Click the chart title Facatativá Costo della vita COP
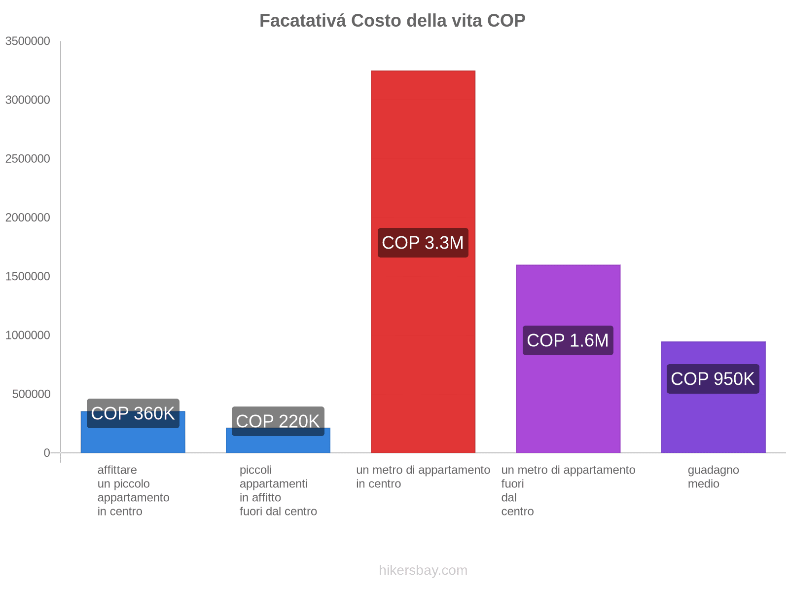(x=392, y=21)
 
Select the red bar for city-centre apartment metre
(x=423, y=148)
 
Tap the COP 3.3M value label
(x=423, y=243)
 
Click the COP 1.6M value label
(x=568, y=340)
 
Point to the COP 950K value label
(x=713, y=379)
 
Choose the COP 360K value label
(x=133, y=413)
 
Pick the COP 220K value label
(x=278, y=421)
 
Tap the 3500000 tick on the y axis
(x=28, y=41)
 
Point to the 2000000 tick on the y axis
(x=28, y=218)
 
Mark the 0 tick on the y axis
(x=47, y=453)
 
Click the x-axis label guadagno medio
(x=713, y=477)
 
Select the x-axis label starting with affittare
(x=133, y=490)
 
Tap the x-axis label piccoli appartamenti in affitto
(x=278, y=490)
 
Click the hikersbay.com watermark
(x=423, y=570)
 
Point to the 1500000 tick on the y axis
(x=28, y=276)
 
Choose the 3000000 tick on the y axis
(x=28, y=100)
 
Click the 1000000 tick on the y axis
(x=28, y=335)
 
